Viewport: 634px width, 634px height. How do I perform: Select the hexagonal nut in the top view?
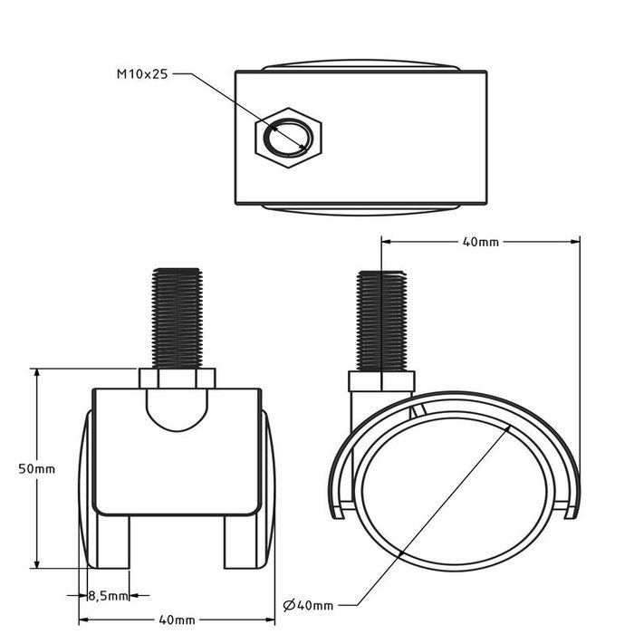(x=289, y=137)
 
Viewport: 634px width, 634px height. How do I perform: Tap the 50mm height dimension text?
(x=36, y=468)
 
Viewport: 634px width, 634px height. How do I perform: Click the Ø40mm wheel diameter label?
(x=309, y=604)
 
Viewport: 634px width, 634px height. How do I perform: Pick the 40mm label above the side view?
(x=480, y=242)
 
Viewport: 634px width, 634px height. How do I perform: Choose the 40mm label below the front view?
(x=177, y=620)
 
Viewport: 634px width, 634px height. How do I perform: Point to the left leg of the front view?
(x=112, y=541)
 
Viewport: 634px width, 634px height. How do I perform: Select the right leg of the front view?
(x=242, y=541)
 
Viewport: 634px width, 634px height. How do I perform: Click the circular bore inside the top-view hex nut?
(x=289, y=137)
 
